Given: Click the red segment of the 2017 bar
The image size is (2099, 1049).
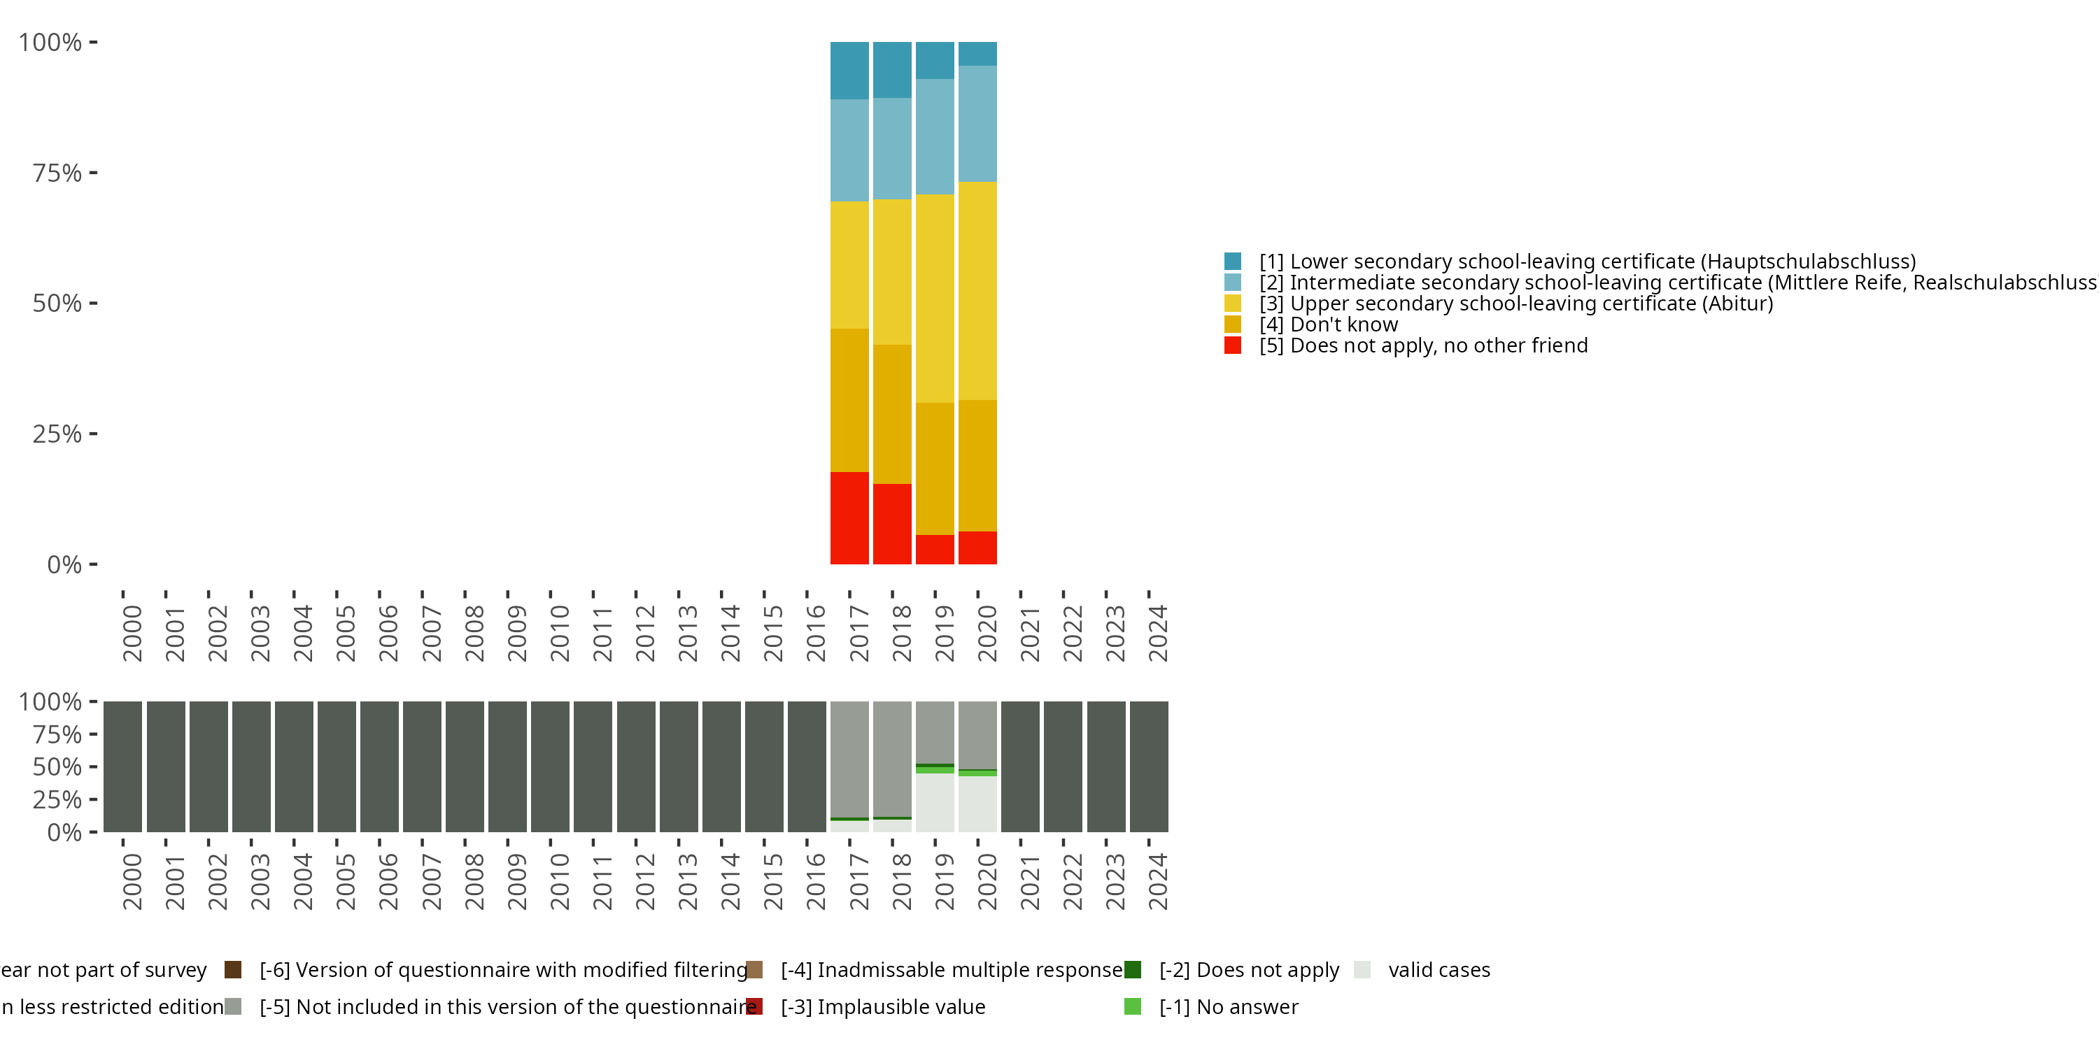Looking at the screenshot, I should tap(849, 518).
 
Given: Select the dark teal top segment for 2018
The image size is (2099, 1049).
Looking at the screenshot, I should tap(892, 70).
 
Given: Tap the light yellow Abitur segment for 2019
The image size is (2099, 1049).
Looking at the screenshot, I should tap(935, 298).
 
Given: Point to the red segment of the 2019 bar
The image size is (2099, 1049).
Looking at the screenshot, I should tap(935, 549).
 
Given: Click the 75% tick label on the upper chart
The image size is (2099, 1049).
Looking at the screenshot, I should tap(57, 173).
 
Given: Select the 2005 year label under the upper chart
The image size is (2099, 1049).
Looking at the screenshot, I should tap(346, 633).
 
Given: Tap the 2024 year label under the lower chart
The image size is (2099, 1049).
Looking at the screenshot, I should tap(1157, 881).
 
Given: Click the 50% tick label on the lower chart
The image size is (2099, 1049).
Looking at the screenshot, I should tap(57, 766).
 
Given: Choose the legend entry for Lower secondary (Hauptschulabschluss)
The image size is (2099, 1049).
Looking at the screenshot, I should tap(1586, 262).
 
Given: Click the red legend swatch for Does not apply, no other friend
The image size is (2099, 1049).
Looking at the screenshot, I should tap(1233, 345).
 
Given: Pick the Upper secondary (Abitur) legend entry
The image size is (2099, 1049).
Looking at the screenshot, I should tap(1515, 303).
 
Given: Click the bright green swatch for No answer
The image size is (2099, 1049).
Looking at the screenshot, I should tap(1133, 1006).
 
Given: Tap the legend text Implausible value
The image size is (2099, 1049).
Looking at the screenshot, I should tap(883, 1006).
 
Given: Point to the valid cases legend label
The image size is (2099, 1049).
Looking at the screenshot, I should tap(1439, 970).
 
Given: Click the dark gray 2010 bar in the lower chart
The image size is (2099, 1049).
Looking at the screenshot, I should tap(550, 766).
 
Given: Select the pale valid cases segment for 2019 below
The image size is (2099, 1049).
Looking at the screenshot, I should tap(935, 802).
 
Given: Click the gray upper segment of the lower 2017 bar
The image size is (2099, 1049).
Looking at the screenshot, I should tap(849, 758).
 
